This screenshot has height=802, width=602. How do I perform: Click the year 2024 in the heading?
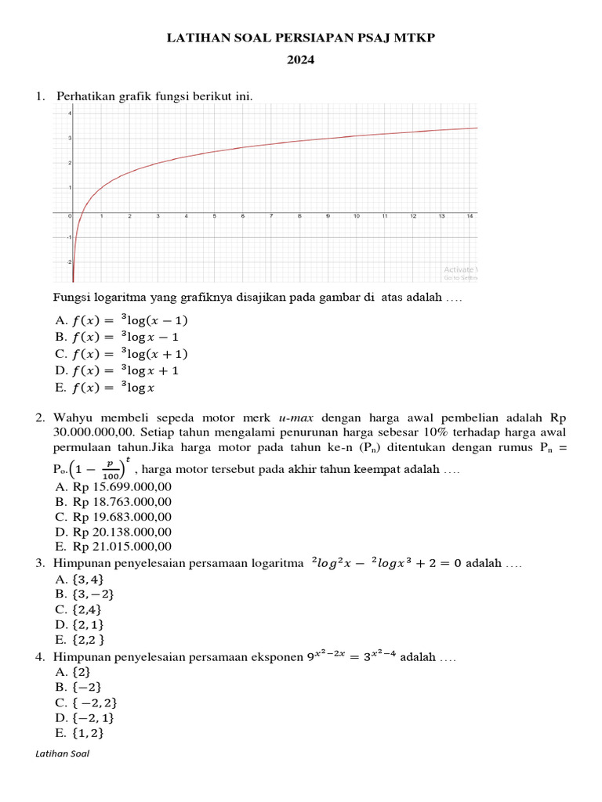[301, 59]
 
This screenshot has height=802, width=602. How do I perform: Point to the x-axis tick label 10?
[357, 215]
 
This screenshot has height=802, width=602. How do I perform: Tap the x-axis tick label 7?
[271, 215]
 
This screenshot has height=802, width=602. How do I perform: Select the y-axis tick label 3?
[69, 138]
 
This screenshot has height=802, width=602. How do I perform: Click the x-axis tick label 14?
[470, 215]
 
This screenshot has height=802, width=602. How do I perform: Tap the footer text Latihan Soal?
[63, 753]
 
